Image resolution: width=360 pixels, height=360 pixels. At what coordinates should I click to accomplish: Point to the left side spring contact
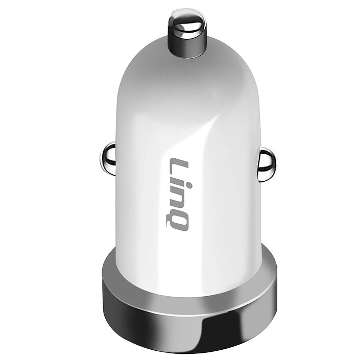point(108,159)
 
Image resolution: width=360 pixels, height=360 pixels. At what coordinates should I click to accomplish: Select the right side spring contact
point(266,164)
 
